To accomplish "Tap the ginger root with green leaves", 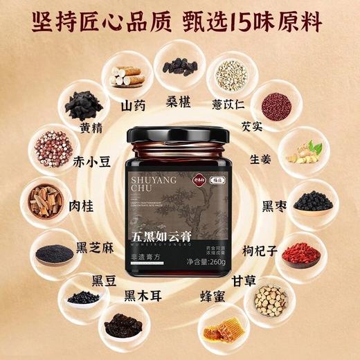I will pos(306,152).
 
